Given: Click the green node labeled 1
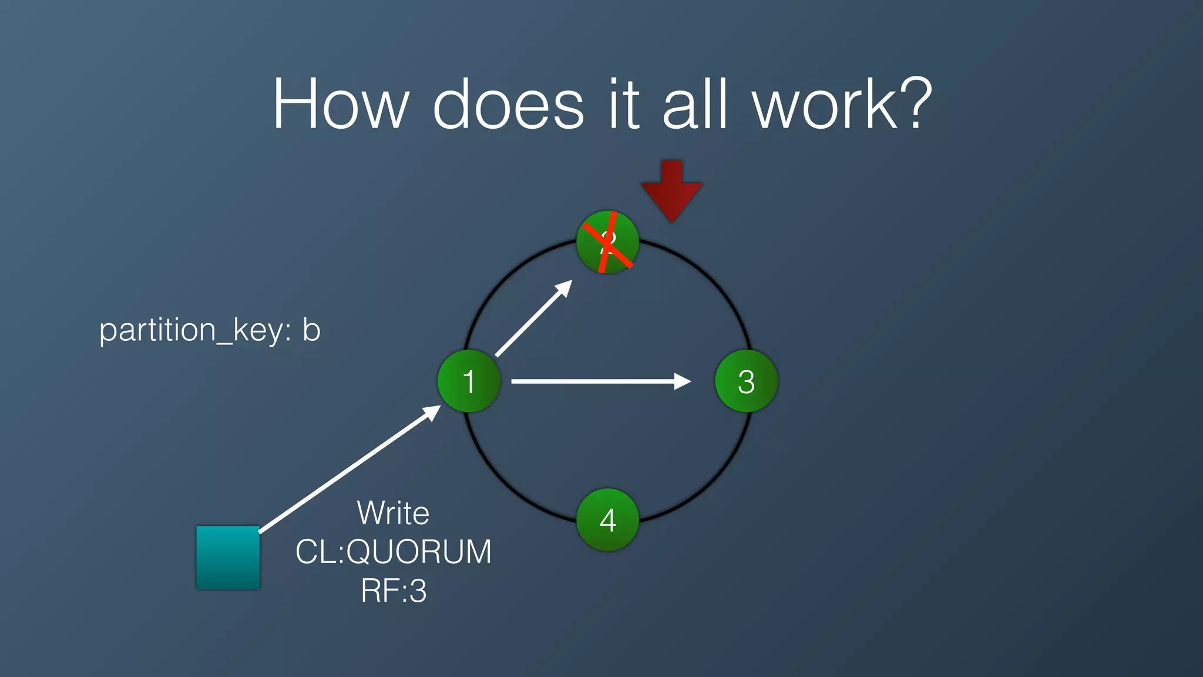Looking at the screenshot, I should (469, 381).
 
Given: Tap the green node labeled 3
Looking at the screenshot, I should (746, 381).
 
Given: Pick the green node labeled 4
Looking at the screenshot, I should (607, 520).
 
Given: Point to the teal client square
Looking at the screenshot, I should (228, 557).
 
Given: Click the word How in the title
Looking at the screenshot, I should (340, 105).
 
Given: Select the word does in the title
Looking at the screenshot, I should (508, 105).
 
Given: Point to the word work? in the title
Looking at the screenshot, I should (842, 105).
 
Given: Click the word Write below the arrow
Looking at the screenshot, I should (393, 513).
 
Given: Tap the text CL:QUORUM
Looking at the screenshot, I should (393, 552).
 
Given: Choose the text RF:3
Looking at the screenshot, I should (393, 591).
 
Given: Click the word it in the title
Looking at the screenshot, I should (623, 105).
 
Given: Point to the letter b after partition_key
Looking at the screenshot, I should (311, 329).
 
